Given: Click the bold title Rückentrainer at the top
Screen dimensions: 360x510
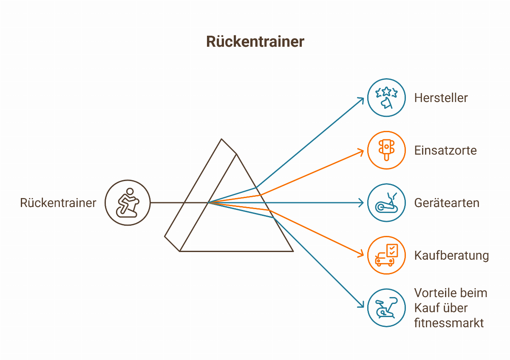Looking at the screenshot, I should (255, 42).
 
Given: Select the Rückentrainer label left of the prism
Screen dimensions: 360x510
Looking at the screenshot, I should (58, 203).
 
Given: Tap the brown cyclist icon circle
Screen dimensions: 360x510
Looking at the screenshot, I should (127, 203).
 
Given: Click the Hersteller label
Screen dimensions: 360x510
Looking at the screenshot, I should (441, 98).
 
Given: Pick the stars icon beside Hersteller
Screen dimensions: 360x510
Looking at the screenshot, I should (386, 98).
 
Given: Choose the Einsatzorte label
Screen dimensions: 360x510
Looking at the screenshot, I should (445, 150).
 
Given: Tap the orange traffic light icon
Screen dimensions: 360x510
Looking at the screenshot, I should (386, 150).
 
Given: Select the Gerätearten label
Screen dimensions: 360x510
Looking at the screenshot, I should (447, 203).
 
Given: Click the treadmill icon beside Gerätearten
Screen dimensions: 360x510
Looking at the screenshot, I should (386, 203).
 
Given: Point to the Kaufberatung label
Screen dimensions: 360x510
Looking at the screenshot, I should (451, 255).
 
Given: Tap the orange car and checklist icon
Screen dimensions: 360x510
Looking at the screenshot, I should (386, 255).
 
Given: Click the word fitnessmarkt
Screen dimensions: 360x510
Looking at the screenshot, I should (449, 323).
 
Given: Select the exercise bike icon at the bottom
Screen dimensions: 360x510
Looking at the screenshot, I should (386, 308).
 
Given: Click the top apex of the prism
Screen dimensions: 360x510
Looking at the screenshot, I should (222, 139).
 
